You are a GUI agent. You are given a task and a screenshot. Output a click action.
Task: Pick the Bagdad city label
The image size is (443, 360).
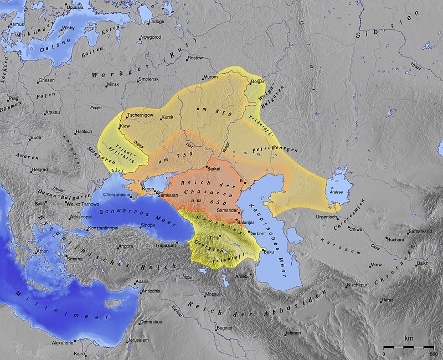224,328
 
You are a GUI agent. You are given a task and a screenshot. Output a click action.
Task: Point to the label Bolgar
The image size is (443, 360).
258,81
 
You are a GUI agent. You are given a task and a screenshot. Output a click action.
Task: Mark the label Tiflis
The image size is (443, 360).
214,237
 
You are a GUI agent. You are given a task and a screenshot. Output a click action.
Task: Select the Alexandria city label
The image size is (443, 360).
55,343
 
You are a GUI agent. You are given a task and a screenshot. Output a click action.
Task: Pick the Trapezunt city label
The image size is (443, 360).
165,245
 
